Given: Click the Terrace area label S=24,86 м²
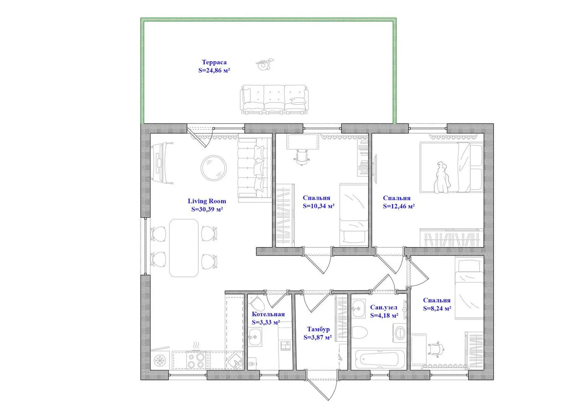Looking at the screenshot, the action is [x=214, y=70].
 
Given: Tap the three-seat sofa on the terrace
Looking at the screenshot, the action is [x=274, y=99].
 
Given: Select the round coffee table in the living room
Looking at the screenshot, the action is [x=213, y=168].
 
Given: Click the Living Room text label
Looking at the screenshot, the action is [x=207, y=201].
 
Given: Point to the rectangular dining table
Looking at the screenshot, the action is [x=184, y=248].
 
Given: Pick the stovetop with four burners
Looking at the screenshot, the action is [x=196, y=361].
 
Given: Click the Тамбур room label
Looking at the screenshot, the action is [x=318, y=329].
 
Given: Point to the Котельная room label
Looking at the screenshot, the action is [x=268, y=314].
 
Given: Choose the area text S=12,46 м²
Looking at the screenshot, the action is [x=399, y=206].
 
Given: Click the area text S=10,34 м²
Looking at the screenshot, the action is [x=319, y=206].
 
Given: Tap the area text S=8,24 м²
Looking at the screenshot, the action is [x=437, y=308].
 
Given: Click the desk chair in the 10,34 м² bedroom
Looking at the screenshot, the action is [x=302, y=157].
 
